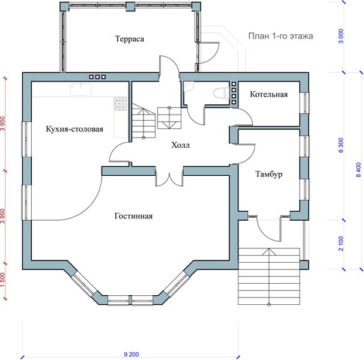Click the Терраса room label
[x=130, y=39]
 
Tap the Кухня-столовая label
[x=74, y=129]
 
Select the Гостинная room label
[x=133, y=216]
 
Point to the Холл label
[x=180, y=145]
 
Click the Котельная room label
[x=269, y=94]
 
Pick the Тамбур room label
[x=269, y=174]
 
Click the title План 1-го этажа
[x=281, y=36]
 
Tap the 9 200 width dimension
[x=132, y=354]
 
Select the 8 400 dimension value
[x=359, y=170]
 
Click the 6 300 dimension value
[x=341, y=145]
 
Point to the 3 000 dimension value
[x=341, y=36]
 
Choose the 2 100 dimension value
[x=341, y=244]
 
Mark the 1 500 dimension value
[x=2, y=279]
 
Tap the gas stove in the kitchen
[x=120, y=103]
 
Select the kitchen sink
[x=80, y=89]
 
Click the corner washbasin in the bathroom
[x=189, y=87]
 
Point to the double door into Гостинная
[x=169, y=179]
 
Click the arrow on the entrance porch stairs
[x=269, y=277]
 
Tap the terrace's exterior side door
[x=208, y=53]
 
